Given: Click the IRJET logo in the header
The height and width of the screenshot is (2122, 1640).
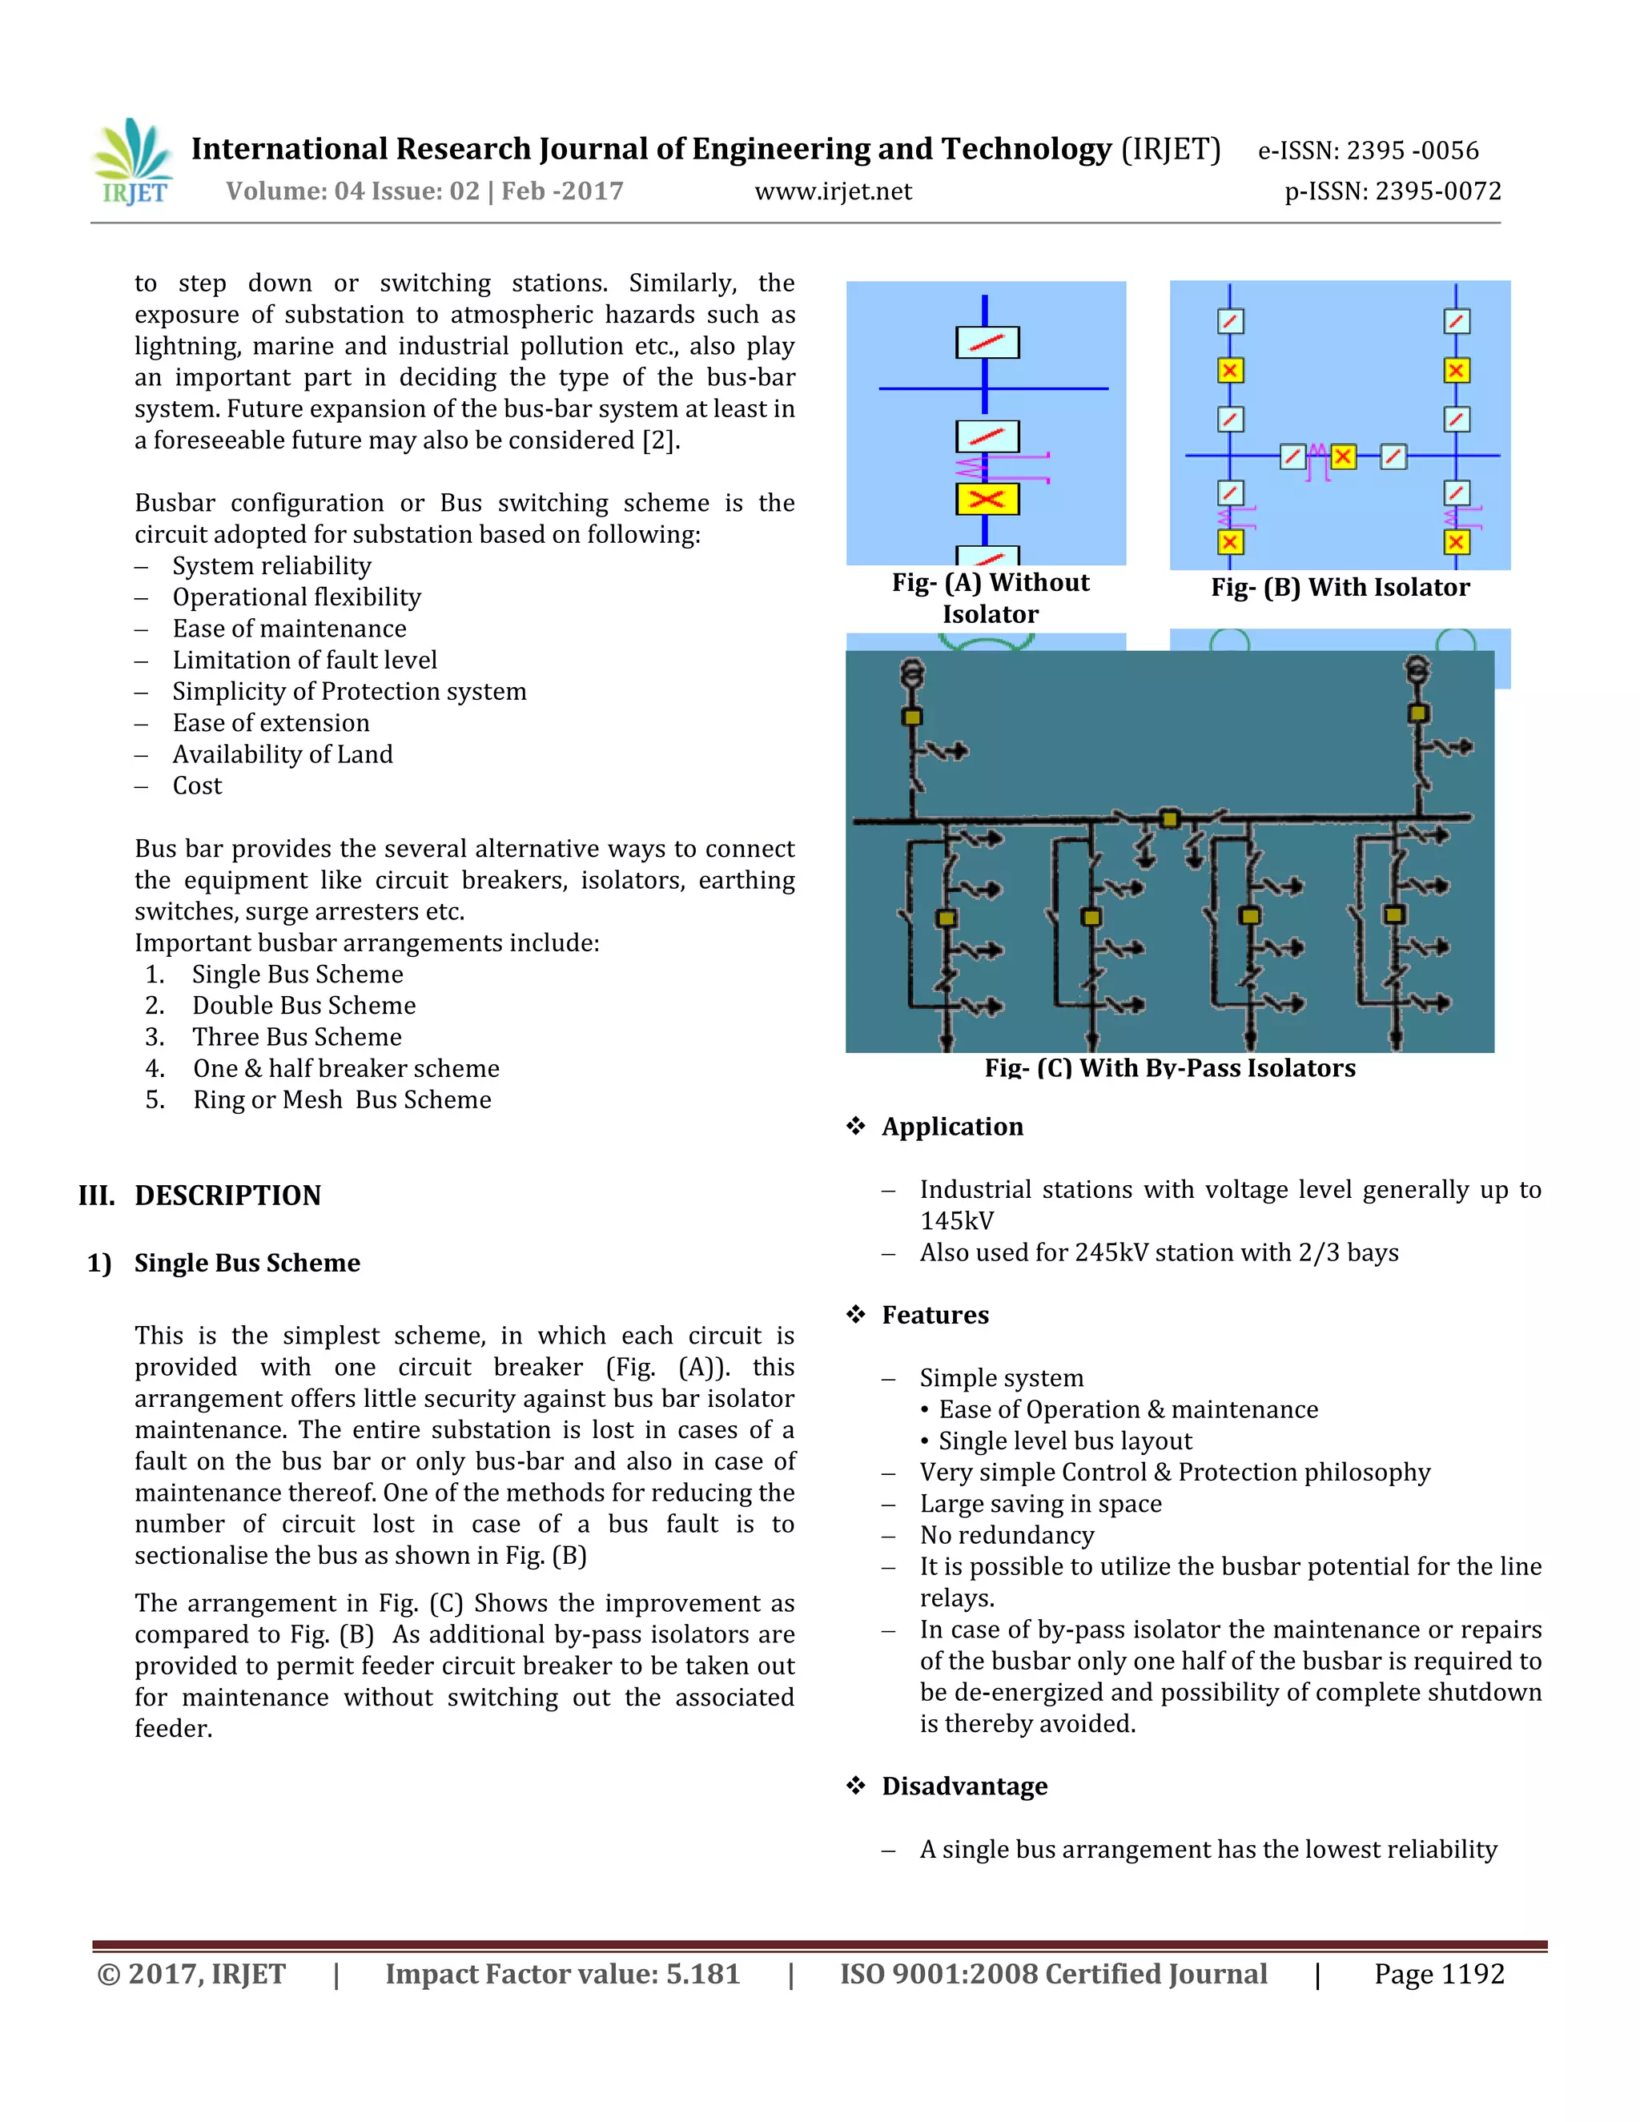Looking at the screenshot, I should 134,163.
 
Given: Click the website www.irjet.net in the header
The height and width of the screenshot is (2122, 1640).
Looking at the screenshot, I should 833,191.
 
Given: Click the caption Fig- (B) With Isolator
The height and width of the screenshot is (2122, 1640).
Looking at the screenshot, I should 1340,588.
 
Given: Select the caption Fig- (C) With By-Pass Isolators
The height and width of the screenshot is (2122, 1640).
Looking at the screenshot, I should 1170,1067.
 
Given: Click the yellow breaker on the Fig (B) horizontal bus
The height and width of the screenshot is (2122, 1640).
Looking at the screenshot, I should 1343,456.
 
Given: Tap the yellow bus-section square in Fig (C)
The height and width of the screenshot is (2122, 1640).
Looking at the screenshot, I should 1170,819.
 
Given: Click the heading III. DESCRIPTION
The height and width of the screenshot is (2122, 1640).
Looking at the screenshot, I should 200,1195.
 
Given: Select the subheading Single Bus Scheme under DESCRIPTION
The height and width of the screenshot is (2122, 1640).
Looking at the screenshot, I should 247,1263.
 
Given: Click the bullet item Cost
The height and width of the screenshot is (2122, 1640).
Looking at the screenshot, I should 197,786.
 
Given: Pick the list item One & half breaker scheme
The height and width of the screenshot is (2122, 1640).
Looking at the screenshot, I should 346,1069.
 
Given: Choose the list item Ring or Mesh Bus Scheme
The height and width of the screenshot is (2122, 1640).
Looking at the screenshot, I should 342,1100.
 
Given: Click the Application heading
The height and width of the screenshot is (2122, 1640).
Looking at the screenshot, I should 952,1127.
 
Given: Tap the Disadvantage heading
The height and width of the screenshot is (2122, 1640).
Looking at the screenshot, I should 964,1786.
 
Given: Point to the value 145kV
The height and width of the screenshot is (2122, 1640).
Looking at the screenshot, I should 957,1221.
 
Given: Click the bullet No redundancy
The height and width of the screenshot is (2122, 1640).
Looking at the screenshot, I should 1007,1535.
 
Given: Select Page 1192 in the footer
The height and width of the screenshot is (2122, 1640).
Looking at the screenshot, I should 1438,1975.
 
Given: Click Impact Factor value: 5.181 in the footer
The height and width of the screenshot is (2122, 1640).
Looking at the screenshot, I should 562,1975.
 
